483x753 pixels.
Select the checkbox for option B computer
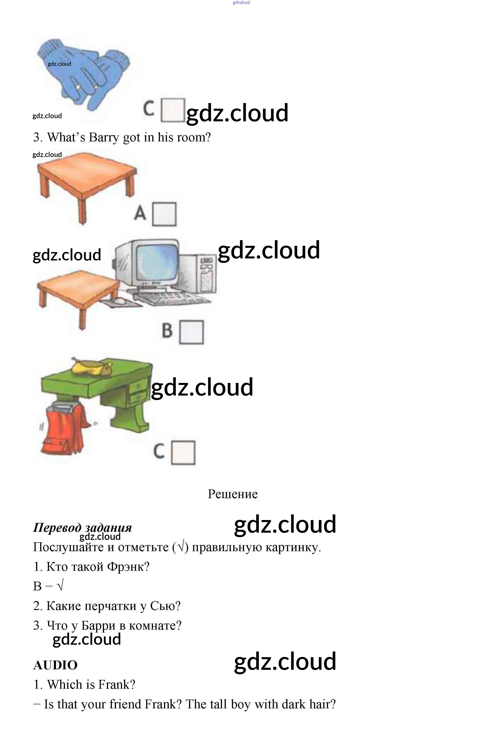click(191, 332)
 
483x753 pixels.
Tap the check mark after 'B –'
click(60, 586)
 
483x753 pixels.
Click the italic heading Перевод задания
click(82, 528)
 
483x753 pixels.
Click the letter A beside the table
click(140, 213)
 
